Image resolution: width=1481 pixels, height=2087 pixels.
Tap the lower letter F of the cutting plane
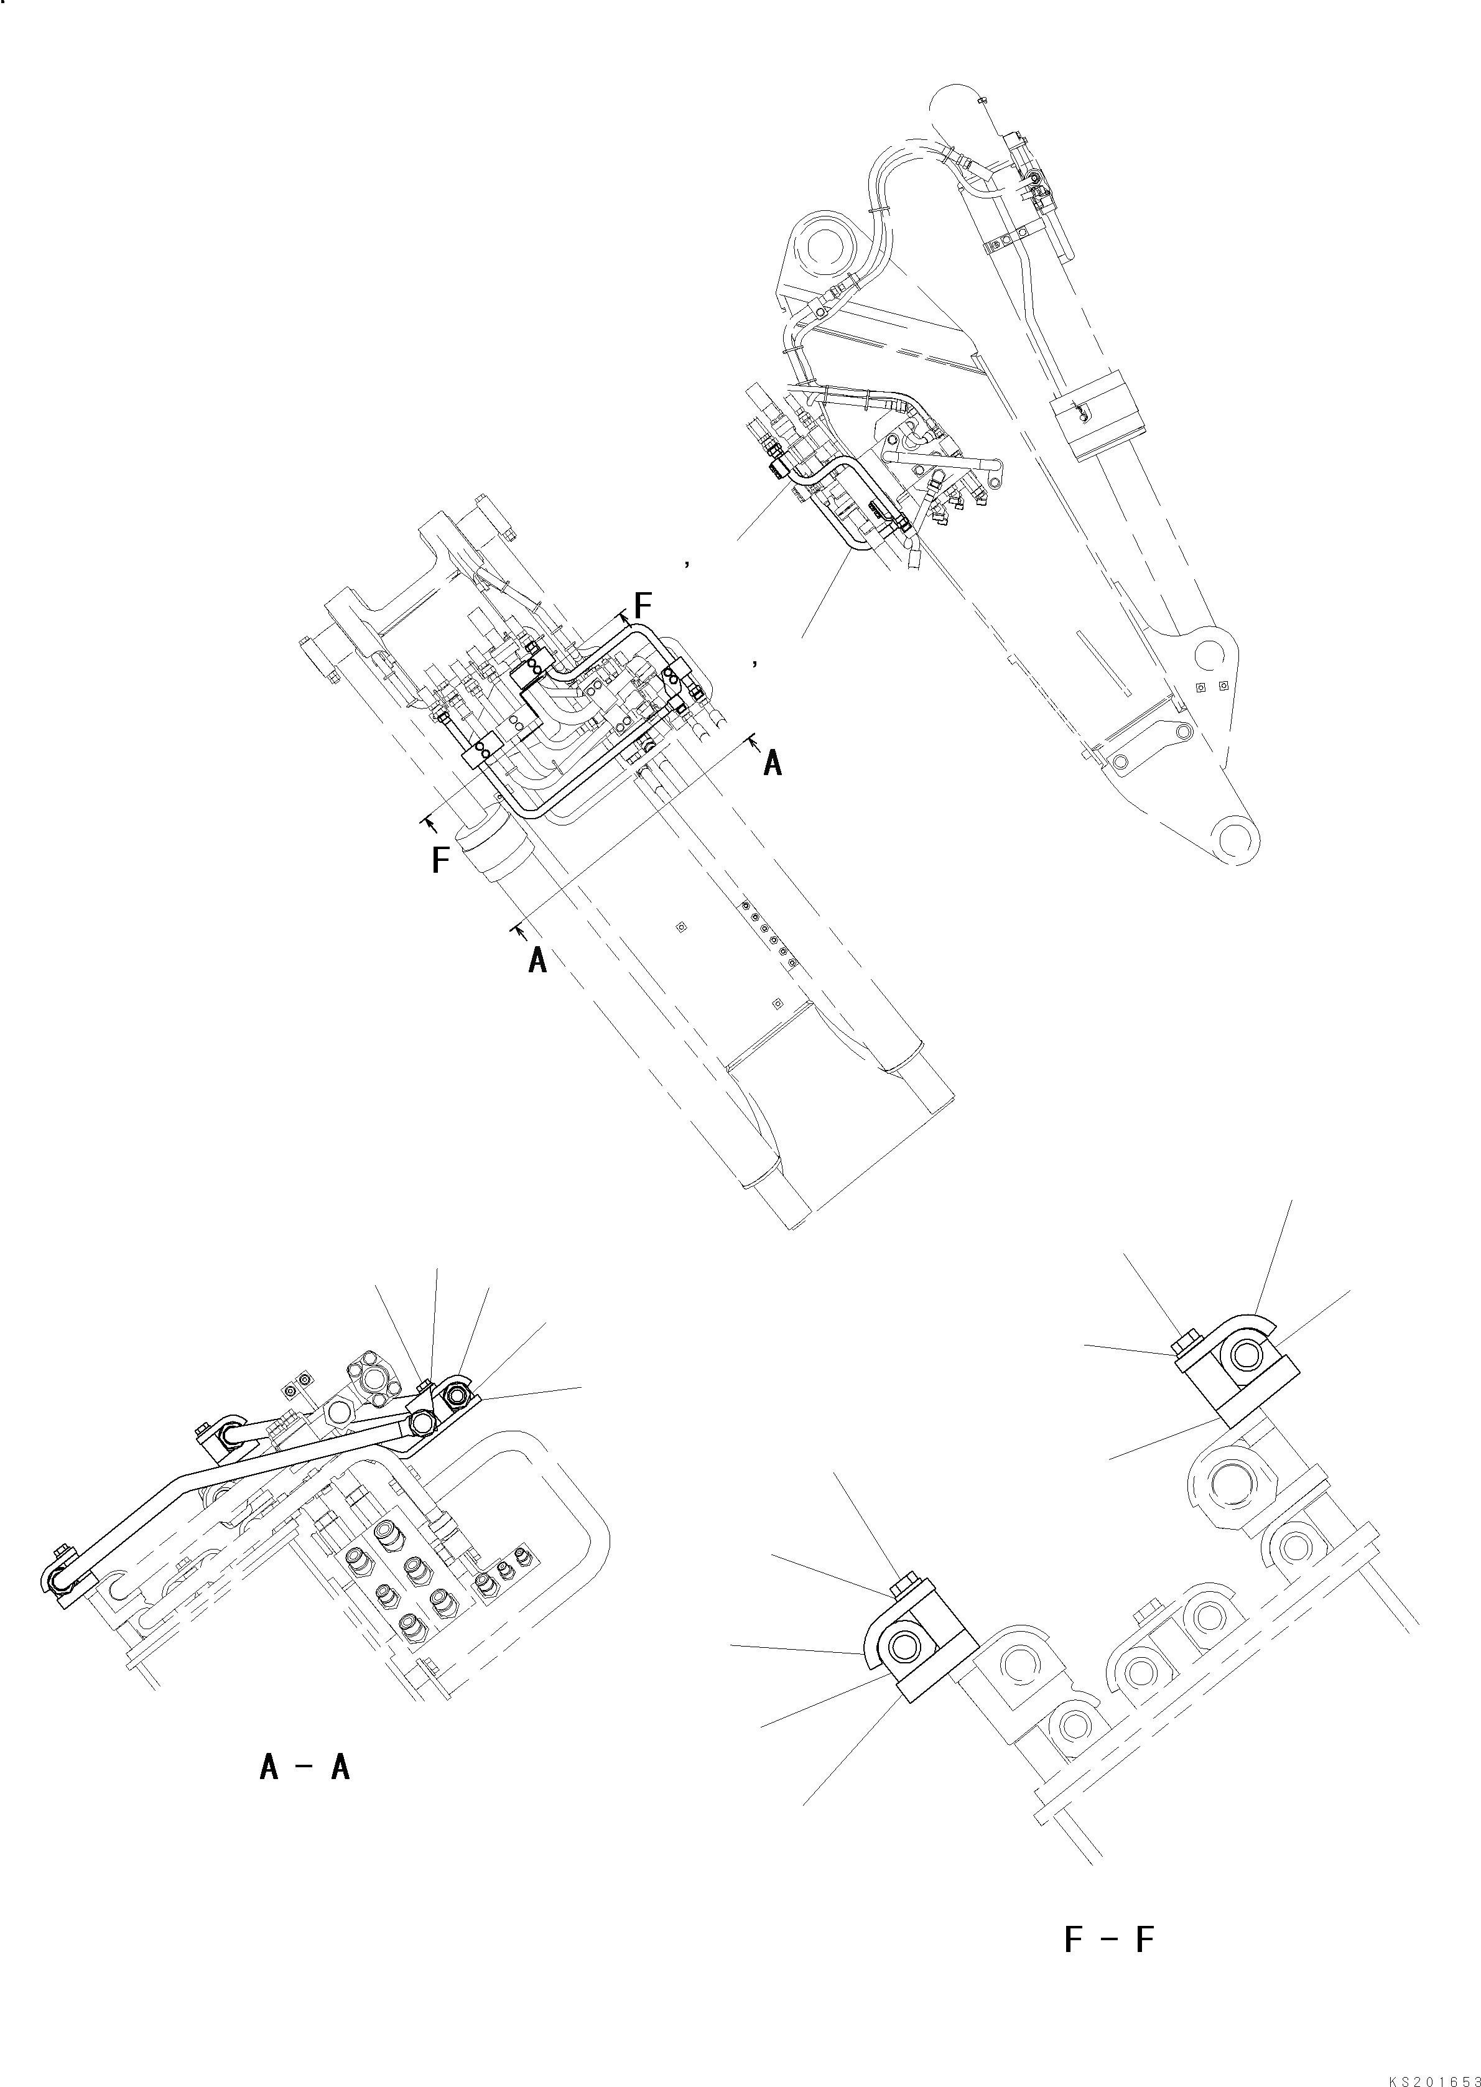tap(442, 859)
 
